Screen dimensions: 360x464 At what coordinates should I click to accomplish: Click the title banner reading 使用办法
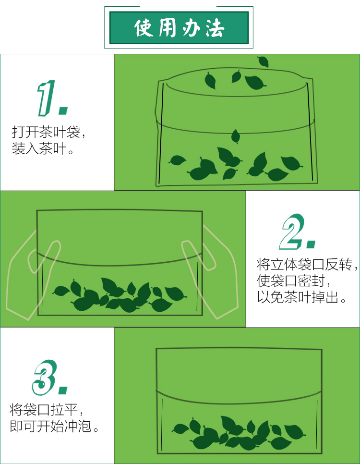click(x=179, y=27)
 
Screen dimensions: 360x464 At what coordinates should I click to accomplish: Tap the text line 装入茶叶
click(x=42, y=148)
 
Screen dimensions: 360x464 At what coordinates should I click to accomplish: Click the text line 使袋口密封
click(x=293, y=281)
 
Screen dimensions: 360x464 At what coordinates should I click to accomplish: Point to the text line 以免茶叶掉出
click(x=301, y=297)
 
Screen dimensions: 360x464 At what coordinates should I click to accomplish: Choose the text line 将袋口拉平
click(x=46, y=410)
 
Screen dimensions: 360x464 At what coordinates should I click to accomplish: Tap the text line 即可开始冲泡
click(x=54, y=426)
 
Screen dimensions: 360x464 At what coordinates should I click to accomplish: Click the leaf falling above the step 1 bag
click(x=263, y=61)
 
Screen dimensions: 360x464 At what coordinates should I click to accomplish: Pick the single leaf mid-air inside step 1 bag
click(x=236, y=136)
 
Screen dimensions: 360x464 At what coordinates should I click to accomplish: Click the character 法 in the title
click(x=215, y=28)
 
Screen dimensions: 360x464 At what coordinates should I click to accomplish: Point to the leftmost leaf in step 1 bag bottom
click(x=177, y=160)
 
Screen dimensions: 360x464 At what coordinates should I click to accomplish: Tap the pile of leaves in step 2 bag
click(x=120, y=295)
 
